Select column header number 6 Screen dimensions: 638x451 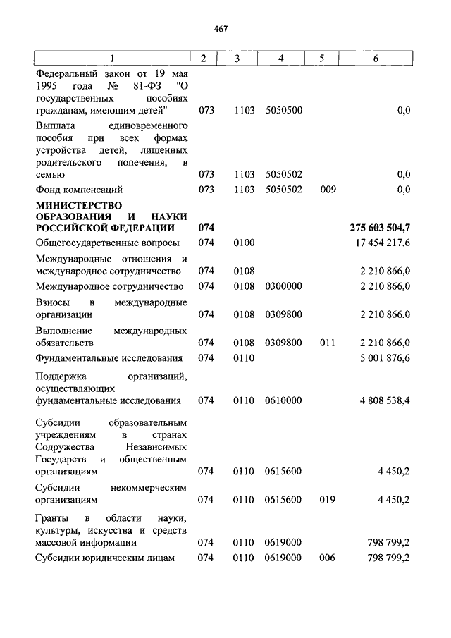(x=375, y=59)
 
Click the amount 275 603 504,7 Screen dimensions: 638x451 (x=380, y=228)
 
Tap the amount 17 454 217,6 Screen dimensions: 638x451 (x=384, y=243)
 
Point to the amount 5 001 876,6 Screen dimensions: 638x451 (x=385, y=358)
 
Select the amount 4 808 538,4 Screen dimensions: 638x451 (x=385, y=400)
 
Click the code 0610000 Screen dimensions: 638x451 (x=283, y=400)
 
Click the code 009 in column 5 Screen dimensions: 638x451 (x=327, y=190)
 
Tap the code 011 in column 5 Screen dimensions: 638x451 (x=327, y=343)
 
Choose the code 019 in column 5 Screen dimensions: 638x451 (x=327, y=500)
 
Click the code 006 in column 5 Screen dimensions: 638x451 (x=327, y=558)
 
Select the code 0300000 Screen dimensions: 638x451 (x=283, y=286)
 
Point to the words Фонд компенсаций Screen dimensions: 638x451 (x=79, y=190)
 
